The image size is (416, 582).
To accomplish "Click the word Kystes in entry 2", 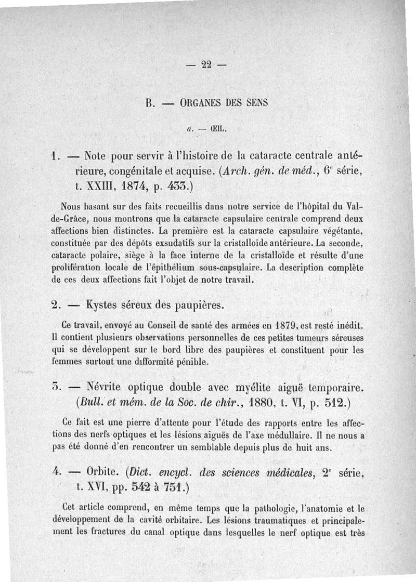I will [105, 304].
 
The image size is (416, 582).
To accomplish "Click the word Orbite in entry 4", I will [101, 473].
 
